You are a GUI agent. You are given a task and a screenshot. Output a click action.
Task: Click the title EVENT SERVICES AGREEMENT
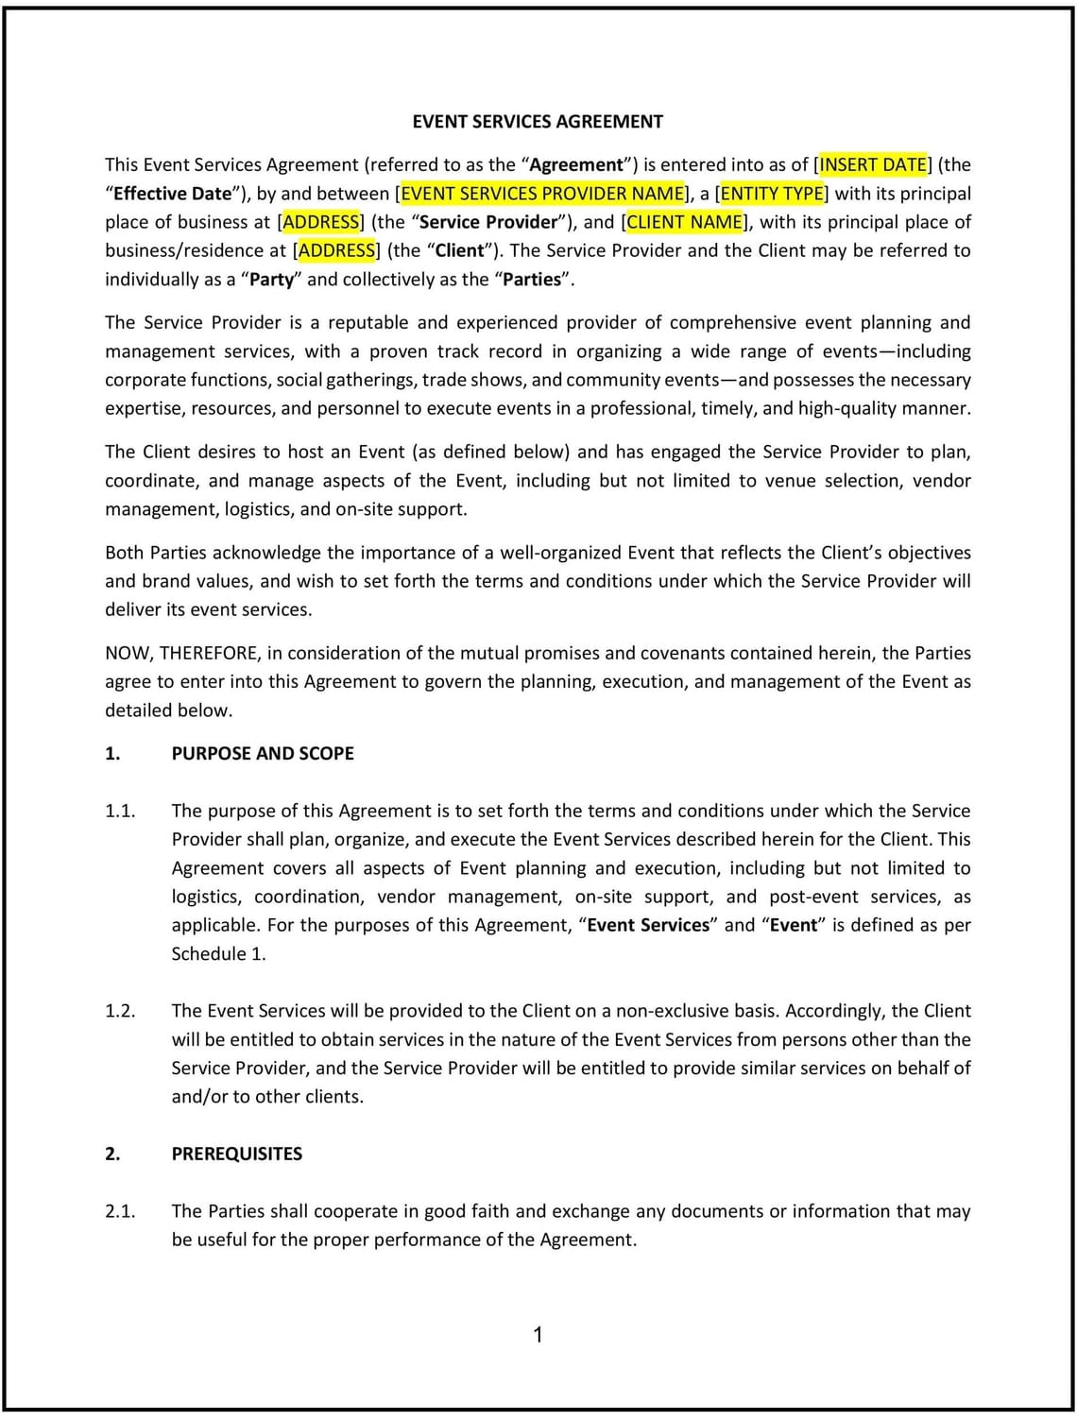[x=538, y=122]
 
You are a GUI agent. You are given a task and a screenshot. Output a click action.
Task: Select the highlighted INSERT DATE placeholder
[x=873, y=164]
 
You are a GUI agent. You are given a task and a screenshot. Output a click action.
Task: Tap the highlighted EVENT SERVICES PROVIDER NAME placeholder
[x=542, y=194]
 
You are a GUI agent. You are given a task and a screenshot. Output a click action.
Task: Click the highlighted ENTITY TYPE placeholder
[x=772, y=194]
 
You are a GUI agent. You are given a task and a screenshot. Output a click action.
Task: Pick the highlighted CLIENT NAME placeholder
[x=685, y=222]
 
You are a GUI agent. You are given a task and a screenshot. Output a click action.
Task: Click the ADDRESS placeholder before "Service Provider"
[x=321, y=222]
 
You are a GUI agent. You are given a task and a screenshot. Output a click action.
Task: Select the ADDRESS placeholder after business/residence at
[x=336, y=250]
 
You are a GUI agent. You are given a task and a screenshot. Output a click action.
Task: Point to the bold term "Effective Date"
[x=172, y=194]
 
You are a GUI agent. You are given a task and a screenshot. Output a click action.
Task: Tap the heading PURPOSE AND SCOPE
[x=263, y=754]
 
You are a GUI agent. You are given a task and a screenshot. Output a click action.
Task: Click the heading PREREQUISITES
[x=236, y=1154]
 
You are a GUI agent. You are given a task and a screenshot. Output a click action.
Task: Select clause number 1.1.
[x=120, y=811]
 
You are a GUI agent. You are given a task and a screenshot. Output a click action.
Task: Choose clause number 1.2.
[x=120, y=1011]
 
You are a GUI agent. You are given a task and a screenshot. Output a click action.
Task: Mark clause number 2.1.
[x=120, y=1211]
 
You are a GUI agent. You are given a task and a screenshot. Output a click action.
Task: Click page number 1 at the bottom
[x=538, y=1335]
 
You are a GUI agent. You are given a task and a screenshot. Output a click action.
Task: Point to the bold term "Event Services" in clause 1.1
[x=647, y=925]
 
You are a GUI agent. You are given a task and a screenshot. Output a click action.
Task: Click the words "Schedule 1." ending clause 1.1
[x=218, y=954]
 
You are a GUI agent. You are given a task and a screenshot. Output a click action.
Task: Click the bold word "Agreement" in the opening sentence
[x=577, y=164]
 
